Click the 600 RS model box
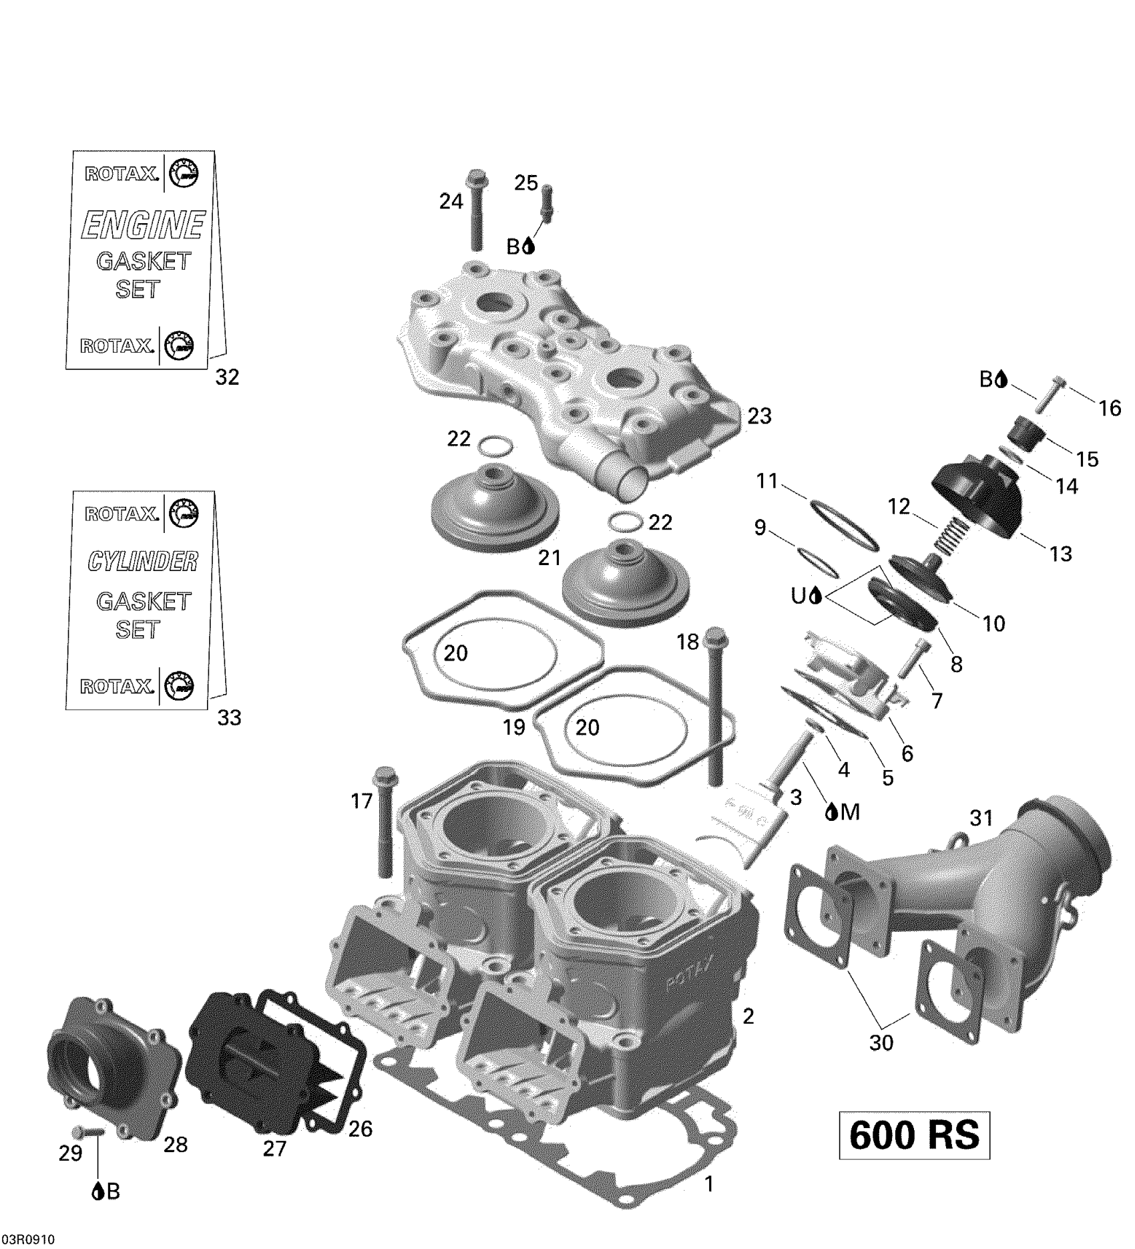coord(913,1135)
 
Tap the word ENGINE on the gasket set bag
coord(142,225)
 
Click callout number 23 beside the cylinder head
coord(759,416)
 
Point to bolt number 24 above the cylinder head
coord(477,210)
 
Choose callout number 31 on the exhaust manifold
coord(981,818)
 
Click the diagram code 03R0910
coord(27,1239)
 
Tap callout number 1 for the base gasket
coord(709,1184)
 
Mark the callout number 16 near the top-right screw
coord(1110,407)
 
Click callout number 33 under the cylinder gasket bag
coord(229,718)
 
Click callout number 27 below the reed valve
coord(274,1147)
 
